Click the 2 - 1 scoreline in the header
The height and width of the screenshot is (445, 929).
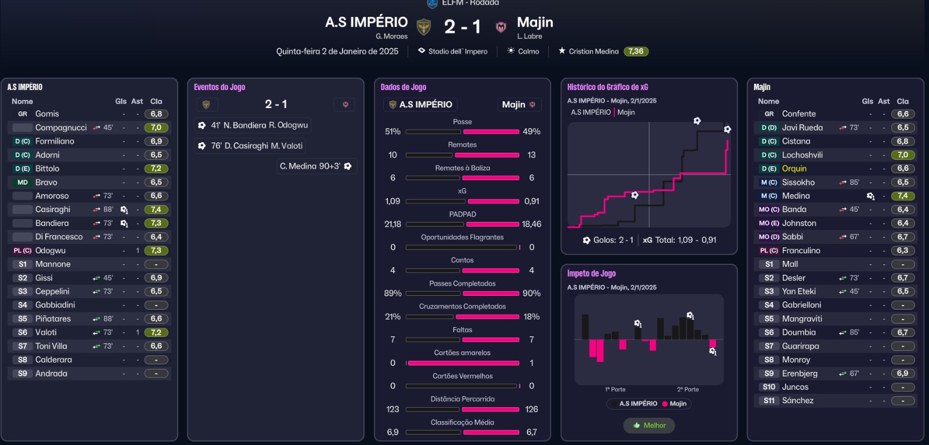coord(462,27)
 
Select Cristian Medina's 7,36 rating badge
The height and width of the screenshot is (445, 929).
coord(636,51)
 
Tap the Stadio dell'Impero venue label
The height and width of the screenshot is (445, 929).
coord(458,51)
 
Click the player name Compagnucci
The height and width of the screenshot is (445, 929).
coord(61,127)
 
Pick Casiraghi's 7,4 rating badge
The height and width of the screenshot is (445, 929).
coord(156,210)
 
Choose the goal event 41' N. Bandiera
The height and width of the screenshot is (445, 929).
coord(253,125)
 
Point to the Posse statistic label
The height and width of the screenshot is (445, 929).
coord(462,121)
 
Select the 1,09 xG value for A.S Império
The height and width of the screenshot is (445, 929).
coord(393,201)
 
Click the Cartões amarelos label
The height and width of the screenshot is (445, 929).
coord(462,353)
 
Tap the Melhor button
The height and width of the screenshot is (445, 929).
coord(649,425)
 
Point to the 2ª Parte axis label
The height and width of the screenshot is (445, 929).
coord(687,389)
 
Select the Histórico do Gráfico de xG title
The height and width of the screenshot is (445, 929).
coord(607,87)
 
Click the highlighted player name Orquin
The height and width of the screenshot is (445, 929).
coord(794,168)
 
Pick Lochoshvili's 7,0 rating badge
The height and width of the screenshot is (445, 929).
coord(903,155)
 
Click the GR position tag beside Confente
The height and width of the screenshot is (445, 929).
coord(769,114)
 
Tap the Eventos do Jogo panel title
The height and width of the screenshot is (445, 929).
coord(219,87)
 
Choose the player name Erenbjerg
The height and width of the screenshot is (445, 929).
coord(800,374)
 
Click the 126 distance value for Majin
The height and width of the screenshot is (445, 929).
coord(531,409)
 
